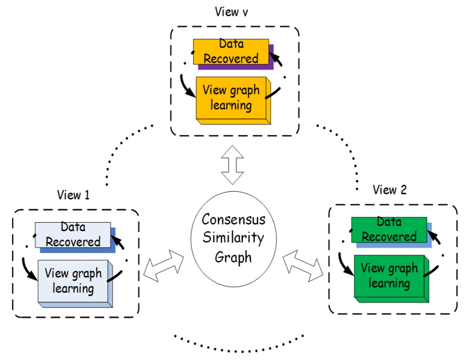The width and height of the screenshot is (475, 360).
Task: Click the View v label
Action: pyautogui.click(x=231, y=12)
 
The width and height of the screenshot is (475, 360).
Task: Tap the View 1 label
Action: pyautogui.click(x=73, y=195)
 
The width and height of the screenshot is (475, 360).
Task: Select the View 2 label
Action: pyautogui.click(x=390, y=190)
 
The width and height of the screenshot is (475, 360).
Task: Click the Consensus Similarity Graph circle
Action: pyautogui.click(x=233, y=239)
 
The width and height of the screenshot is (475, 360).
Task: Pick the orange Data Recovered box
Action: pyautogui.click(x=231, y=52)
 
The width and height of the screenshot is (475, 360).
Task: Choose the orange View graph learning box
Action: pyautogui.click(x=230, y=98)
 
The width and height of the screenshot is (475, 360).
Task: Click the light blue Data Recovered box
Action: pyautogui.click(x=73, y=235)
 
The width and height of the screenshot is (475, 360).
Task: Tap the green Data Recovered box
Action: pyautogui.click(x=389, y=229)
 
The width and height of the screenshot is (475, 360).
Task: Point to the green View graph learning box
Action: pyautogui.click(x=388, y=276)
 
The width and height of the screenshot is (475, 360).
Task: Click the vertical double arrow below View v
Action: pyautogui.click(x=233, y=165)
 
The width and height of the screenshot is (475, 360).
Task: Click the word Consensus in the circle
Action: pyautogui.click(x=233, y=219)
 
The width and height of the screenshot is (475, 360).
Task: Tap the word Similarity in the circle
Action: pyautogui.click(x=233, y=238)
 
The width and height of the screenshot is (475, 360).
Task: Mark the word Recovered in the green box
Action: pyautogui.click(x=389, y=236)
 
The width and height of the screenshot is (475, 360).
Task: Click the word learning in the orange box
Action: pyautogui.click(x=230, y=106)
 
